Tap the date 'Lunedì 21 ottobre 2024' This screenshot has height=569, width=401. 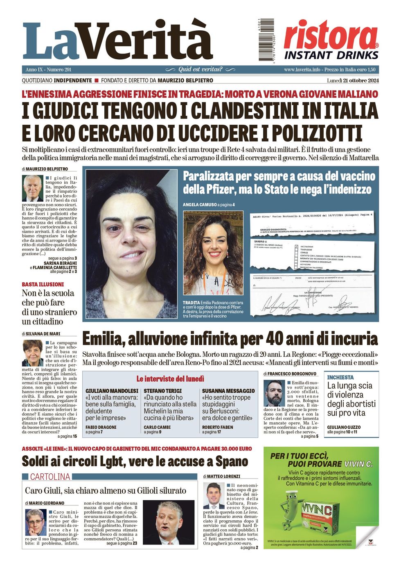(x=353, y=80)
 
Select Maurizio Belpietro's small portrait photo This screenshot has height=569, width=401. (x=32, y=188)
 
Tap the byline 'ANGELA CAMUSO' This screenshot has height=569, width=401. (x=199, y=205)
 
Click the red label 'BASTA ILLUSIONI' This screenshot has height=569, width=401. (x=43, y=284)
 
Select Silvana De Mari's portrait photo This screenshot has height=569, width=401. (x=32, y=353)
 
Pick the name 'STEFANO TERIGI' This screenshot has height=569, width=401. (x=162, y=391)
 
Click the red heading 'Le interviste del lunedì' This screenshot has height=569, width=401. (x=170, y=379)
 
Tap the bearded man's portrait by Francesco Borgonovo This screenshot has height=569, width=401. (x=274, y=393)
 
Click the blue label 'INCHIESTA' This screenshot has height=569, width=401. (x=340, y=377)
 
